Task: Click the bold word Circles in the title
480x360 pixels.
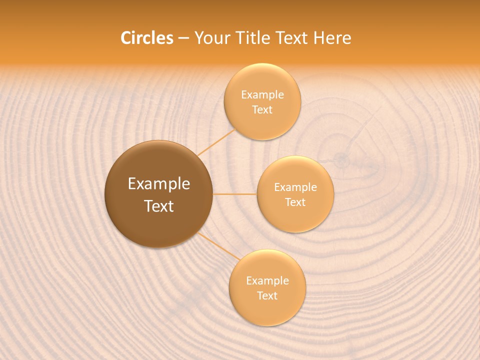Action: pos(146,38)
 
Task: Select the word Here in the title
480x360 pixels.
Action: pos(332,38)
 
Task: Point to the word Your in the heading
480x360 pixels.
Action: pos(212,38)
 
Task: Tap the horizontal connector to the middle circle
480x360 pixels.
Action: pos(234,194)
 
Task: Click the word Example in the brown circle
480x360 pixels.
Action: pos(159,184)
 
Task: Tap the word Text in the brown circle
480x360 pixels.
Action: pos(159,206)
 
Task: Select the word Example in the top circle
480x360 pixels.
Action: pos(262,95)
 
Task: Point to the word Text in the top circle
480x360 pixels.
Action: pos(262,109)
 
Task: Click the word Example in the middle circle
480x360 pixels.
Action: pos(295,187)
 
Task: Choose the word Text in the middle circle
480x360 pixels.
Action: pos(295,202)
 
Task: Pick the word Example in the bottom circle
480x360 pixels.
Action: pos(267,281)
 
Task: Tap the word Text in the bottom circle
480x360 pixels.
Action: pos(267,295)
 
